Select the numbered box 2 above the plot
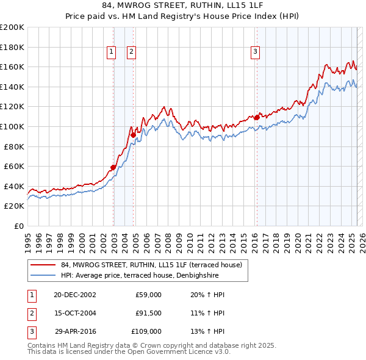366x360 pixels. click(x=131, y=52)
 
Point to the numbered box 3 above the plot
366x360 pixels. click(x=255, y=52)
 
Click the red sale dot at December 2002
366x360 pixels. click(x=113, y=167)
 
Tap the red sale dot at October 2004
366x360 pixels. click(x=133, y=135)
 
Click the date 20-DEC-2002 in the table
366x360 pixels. click(x=74, y=295)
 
